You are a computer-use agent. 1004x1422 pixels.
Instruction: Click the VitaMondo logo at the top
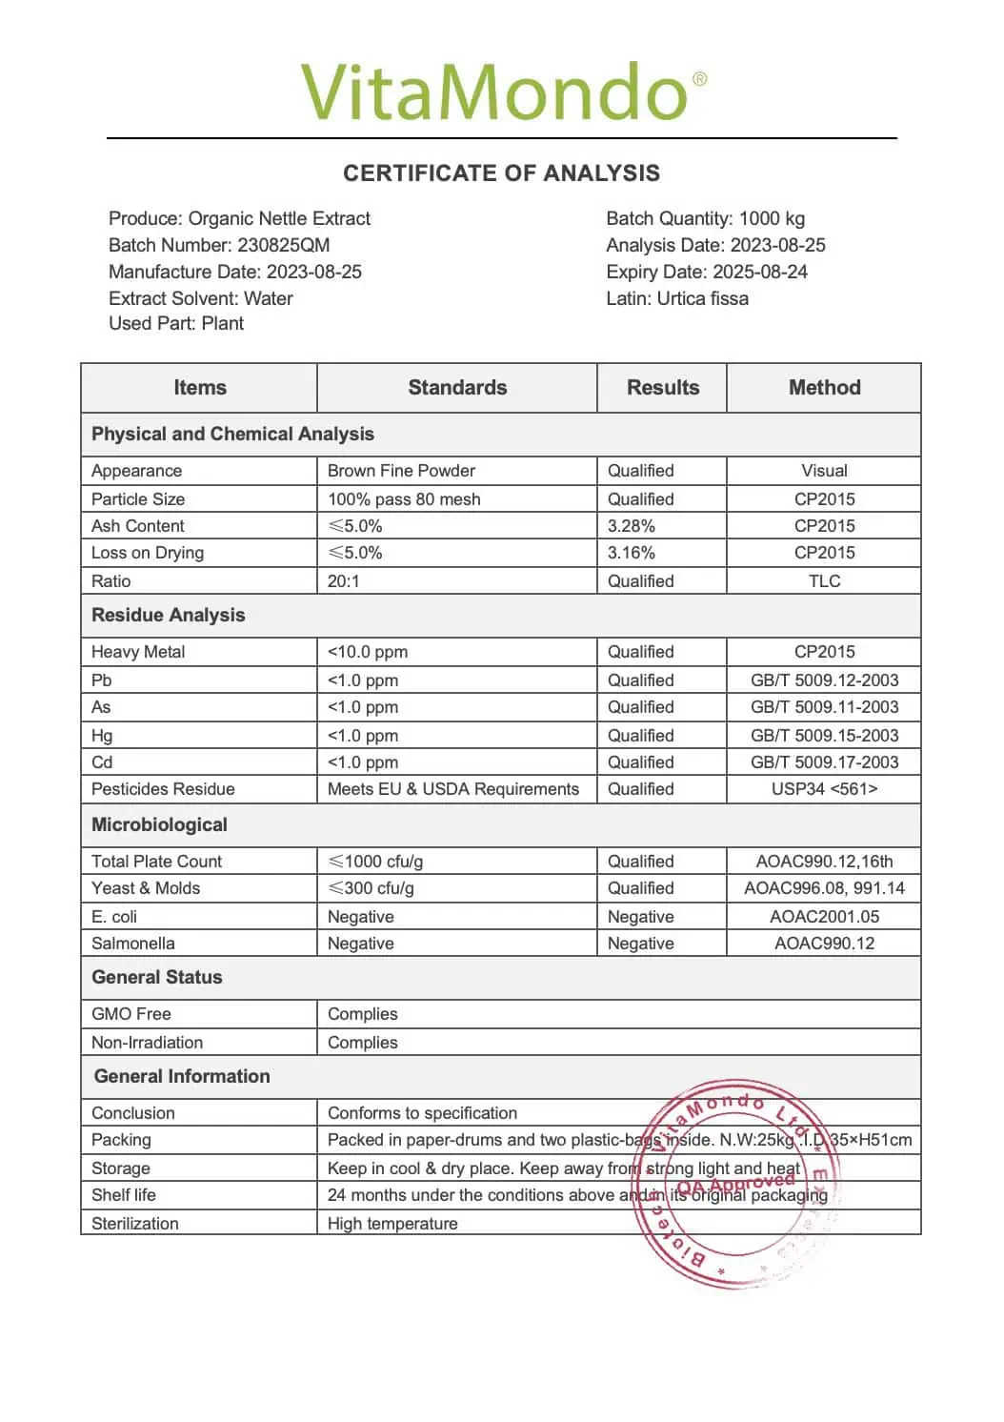tap(503, 92)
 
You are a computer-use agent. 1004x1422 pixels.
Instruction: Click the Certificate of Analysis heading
tap(501, 173)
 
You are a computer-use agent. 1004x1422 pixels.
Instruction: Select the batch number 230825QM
tap(283, 245)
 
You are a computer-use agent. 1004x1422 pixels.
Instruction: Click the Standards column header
tap(457, 388)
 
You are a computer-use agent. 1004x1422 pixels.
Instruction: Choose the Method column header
tap(824, 388)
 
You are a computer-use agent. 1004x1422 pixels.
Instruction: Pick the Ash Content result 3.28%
tap(632, 526)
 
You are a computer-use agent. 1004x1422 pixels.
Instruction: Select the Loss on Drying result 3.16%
tap(632, 553)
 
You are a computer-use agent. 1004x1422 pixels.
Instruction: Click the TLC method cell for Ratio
tap(824, 581)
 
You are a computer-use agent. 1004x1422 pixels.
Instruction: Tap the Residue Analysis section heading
tap(169, 616)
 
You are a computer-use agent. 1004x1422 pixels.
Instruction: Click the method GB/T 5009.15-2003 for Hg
tap(824, 736)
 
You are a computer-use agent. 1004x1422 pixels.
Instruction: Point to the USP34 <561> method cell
tap(824, 789)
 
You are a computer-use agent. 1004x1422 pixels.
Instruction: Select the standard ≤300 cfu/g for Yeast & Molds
tap(371, 888)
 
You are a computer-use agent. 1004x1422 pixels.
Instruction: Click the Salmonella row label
tap(133, 944)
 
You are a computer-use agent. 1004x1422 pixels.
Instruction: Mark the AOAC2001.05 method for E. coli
tap(824, 917)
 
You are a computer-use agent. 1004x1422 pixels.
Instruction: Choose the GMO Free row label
tap(131, 1014)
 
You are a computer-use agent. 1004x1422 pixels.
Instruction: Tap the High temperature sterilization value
tap(392, 1224)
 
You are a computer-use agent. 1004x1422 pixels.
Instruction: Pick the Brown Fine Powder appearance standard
tap(401, 471)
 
